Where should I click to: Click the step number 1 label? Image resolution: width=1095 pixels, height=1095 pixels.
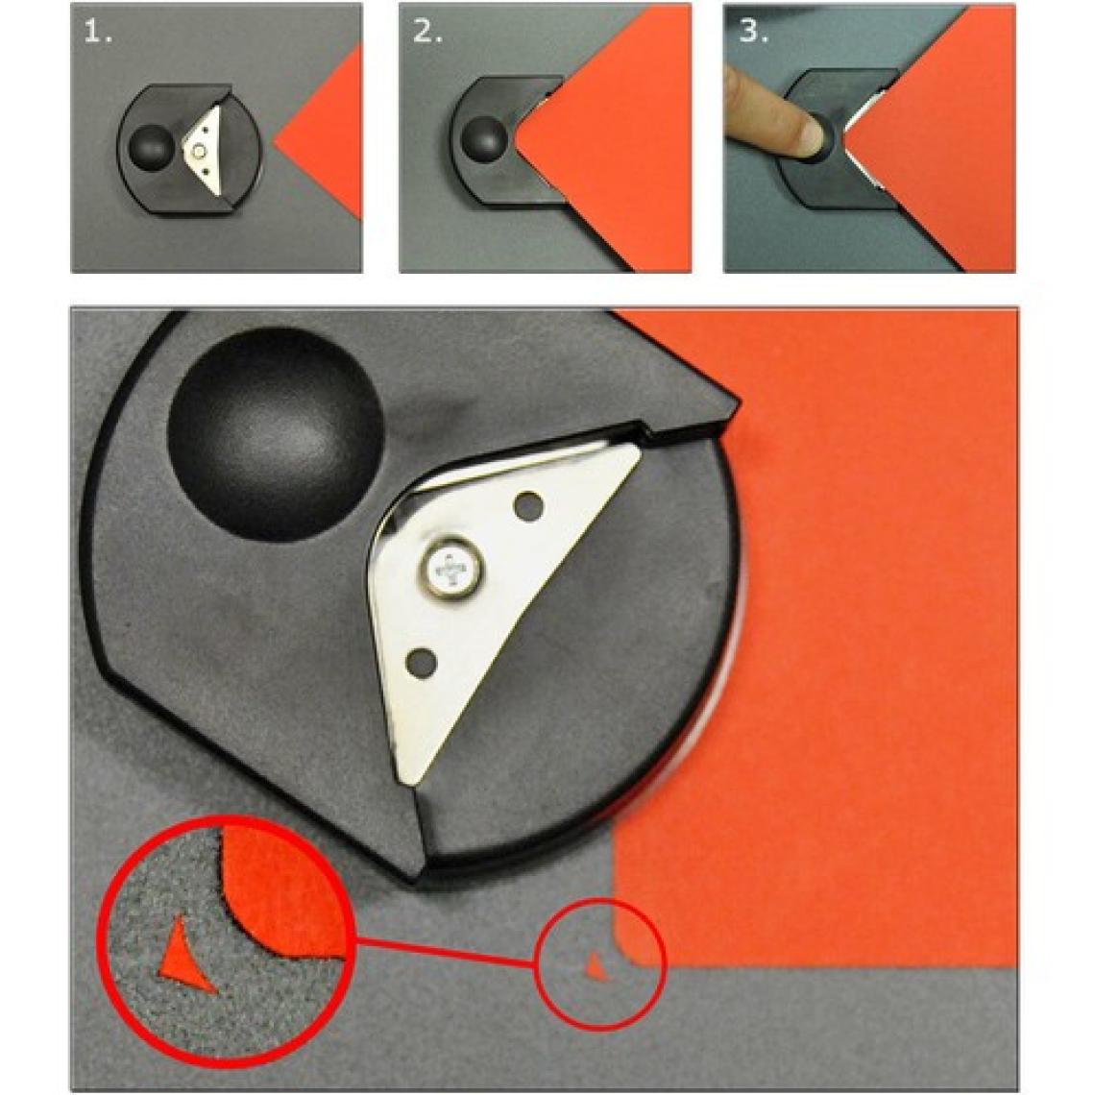click(x=97, y=32)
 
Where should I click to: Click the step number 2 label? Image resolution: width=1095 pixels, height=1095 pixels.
click(x=426, y=32)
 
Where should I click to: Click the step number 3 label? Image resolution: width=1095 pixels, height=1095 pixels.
click(x=753, y=32)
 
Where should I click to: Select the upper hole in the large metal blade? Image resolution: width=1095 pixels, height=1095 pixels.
click(x=528, y=505)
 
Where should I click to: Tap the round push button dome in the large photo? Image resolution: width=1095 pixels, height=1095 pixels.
click(x=276, y=433)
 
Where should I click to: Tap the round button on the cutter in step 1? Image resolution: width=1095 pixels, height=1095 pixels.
click(x=150, y=144)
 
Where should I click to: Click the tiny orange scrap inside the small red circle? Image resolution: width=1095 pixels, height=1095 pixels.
click(x=595, y=967)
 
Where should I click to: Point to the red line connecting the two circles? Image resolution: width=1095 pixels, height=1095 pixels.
click(x=446, y=953)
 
